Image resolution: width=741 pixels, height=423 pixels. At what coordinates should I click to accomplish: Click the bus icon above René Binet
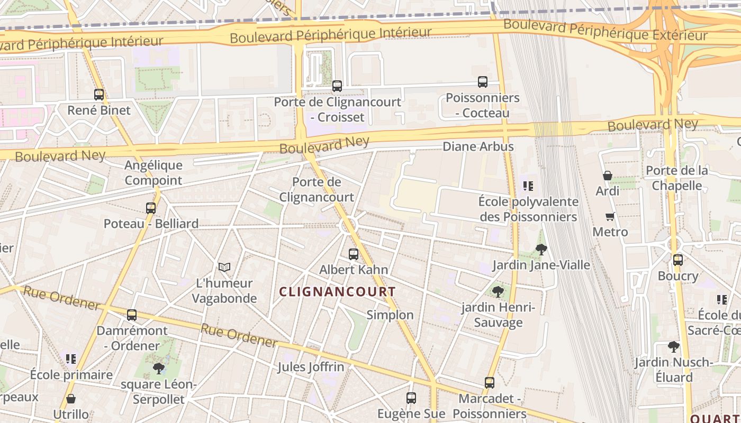[99, 95]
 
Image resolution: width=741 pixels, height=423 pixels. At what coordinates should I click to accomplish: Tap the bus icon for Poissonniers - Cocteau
[483, 82]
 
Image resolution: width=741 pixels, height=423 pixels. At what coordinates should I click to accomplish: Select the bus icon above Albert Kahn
[354, 254]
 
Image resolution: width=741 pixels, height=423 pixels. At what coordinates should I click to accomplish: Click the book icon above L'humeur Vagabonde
[224, 268]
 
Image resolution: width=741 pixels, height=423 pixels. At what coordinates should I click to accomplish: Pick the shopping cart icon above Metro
[610, 216]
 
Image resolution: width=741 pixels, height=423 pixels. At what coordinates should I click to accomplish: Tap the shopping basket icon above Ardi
[607, 176]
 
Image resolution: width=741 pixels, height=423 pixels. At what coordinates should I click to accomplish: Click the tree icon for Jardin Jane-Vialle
[541, 249]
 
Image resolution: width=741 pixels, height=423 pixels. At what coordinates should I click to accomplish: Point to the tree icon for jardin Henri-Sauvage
[498, 291]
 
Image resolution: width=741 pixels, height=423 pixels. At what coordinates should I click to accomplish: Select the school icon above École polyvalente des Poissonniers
[528, 186]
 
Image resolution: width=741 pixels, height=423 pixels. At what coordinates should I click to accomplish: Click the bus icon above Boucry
[678, 260]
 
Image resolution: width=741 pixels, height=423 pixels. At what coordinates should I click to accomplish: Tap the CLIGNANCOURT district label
[337, 291]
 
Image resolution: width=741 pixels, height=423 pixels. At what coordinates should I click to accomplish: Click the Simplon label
[390, 315]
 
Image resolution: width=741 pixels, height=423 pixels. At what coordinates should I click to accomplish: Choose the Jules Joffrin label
[311, 367]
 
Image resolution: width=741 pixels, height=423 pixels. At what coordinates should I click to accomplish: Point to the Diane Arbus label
[478, 146]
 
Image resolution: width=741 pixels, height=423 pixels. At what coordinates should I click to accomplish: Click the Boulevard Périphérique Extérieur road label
[605, 30]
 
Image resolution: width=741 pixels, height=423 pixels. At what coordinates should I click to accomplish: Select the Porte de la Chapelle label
[677, 178]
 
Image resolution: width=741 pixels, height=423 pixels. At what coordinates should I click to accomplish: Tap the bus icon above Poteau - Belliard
[151, 208]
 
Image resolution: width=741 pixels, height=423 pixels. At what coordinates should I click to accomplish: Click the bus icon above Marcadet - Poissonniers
[490, 382]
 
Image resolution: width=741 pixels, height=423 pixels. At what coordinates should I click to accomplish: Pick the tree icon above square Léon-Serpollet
[158, 368]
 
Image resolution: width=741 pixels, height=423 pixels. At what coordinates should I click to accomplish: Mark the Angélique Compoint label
[153, 173]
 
